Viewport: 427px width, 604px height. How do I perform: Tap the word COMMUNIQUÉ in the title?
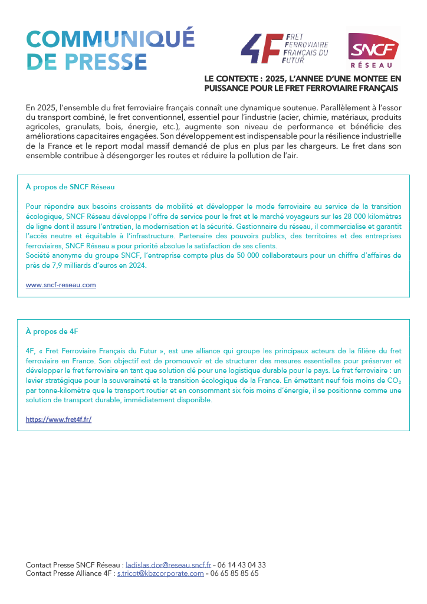(110, 40)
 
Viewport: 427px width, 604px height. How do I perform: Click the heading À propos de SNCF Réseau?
(70, 187)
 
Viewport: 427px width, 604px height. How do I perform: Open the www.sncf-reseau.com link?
(61, 285)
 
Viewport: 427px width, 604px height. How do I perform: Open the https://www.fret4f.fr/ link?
(58, 420)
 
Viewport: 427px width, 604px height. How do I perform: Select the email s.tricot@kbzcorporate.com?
(160, 573)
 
